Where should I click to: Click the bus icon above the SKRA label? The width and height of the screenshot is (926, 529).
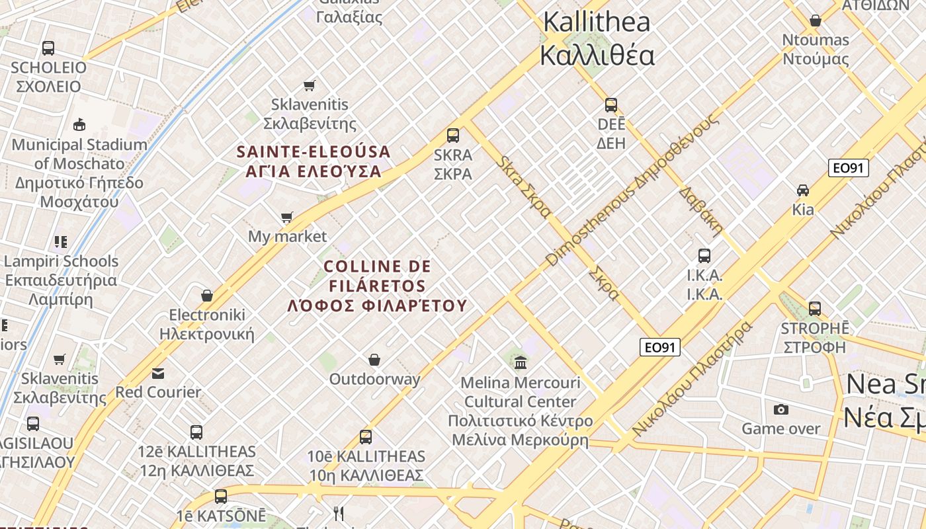coord(453,136)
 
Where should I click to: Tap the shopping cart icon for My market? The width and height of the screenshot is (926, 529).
coord(287,217)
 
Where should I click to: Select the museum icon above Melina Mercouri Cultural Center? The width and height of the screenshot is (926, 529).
coord(521,362)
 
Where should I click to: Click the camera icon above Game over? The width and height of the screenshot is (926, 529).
coord(781,409)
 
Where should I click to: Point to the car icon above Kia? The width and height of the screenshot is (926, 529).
coord(803,190)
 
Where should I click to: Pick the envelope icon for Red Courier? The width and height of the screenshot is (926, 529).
coord(158,374)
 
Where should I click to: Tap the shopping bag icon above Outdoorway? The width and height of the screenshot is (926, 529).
coord(374,360)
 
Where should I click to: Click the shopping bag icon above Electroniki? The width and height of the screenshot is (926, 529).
coord(207,296)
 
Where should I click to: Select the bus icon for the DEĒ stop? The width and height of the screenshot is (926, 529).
coord(611,105)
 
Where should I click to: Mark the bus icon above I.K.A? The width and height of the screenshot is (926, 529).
coord(704,256)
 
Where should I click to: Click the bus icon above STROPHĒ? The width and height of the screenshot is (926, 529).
coord(815,309)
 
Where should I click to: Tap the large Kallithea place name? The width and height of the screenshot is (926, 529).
coord(597,22)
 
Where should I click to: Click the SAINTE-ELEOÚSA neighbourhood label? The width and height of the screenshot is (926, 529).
coord(314,152)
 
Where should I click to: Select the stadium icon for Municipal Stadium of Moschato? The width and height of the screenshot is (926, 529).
coord(79,124)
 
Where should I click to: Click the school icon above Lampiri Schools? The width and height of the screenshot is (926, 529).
coord(61,242)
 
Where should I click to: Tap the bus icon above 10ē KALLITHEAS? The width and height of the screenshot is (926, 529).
coord(366,437)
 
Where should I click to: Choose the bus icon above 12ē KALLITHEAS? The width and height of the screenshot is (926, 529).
coord(196,432)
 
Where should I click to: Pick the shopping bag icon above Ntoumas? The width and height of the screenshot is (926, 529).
coord(816,20)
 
